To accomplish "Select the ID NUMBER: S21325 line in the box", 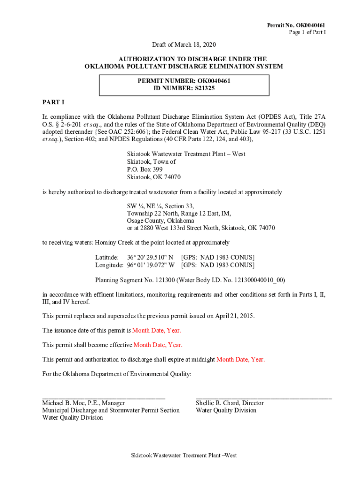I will click(184, 88).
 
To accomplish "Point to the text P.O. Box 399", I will click(144, 169).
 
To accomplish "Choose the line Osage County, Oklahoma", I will click(160, 220).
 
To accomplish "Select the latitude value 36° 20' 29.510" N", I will click(150, 257).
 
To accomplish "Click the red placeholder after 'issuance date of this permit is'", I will click(157, 330).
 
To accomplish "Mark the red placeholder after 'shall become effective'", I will click(158, 345).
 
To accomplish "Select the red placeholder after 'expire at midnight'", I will click(240, 359).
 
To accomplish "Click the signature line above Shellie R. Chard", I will click(264, 397).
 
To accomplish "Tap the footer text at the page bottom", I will click(183, 455).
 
